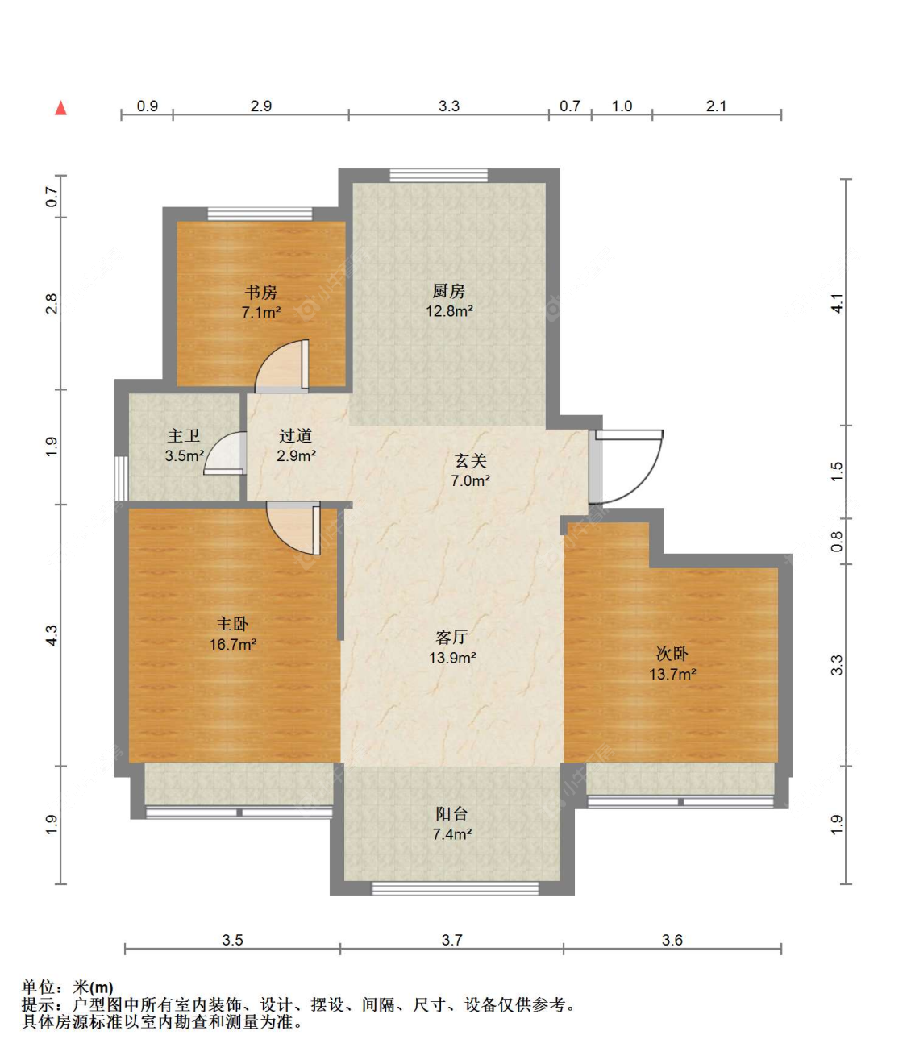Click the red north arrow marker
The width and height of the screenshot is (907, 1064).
(x=60, y=108)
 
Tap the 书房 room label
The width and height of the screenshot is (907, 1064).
(x=261, y=293)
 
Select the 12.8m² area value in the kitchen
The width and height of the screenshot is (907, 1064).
(x=449, y=311)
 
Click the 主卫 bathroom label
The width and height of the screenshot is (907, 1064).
(x=184, y=436)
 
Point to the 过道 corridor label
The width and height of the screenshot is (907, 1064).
(x=295, y=436)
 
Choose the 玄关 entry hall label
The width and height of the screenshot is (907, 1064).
(x=471, y=461)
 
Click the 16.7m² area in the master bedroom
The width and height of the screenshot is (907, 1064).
(x=233, y=644)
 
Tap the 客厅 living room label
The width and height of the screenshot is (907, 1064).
(x=451, y=638)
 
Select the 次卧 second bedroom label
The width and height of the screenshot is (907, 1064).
(x=672, y=654)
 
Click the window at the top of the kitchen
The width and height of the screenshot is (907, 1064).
(x=439, y=176)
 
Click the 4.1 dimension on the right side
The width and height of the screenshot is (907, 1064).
(x=838, y=303)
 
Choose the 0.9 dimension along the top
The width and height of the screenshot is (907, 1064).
(x=148, y=106)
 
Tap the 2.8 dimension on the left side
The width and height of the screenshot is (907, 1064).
(x=52, y=304)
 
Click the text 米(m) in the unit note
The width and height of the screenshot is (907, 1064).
(x=94, y=987)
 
